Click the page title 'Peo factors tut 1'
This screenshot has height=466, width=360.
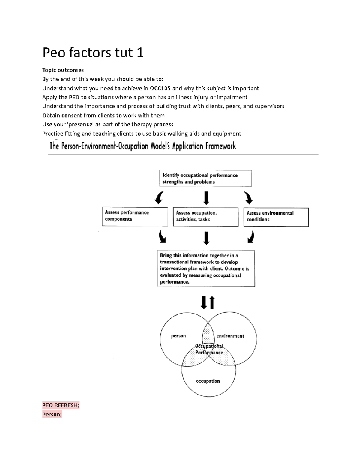click(93, 53)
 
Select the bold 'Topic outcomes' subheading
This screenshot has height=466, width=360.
click(63, 70)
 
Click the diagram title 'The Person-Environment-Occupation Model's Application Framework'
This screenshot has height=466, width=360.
click(143, 146)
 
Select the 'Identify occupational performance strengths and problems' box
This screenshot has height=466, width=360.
click(205, 179)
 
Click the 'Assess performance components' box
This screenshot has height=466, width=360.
click(135, 216)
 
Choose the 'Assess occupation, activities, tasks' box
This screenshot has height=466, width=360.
click(205, 216)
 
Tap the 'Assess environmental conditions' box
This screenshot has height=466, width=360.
click(276, 216)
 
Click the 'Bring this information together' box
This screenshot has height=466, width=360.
click(206, 269)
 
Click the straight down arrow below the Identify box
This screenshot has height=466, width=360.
click(206, 198)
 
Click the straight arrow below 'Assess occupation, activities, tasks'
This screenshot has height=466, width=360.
click(206, 238)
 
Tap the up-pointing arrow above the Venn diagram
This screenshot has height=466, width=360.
click(212, 302)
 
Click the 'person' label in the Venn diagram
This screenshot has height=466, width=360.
click(178, 336)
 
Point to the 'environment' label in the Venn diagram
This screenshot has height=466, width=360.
click(230, 336)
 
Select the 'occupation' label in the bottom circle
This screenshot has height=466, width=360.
click(208, 381)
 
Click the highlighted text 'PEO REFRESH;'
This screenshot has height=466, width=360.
click(61, 405)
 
